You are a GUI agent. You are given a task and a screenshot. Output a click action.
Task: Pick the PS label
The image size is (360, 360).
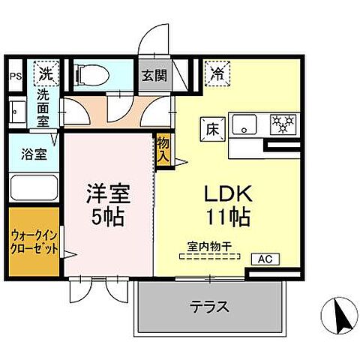click(x=16, y=75)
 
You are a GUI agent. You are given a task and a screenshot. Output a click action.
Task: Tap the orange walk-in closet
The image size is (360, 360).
click(x=34, y=243)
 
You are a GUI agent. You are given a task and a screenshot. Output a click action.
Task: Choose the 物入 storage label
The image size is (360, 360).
click(x=163, y=149)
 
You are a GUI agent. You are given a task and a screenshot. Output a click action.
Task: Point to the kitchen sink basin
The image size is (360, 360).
click(x=243, y=124)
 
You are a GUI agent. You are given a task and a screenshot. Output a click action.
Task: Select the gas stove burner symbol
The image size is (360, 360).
click(x=283, y=124)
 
